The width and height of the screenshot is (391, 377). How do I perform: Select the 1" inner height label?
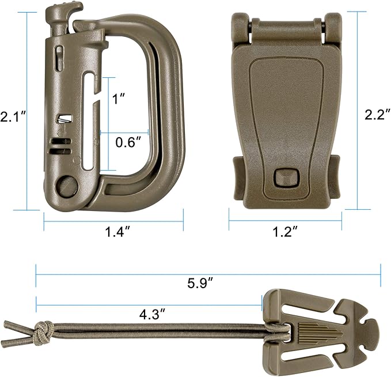[119, 99]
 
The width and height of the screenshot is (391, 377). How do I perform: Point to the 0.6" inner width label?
[127, 142]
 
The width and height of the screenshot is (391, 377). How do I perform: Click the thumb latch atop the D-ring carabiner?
[62, 13]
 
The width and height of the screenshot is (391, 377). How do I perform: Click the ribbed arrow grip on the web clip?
[314, 333]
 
